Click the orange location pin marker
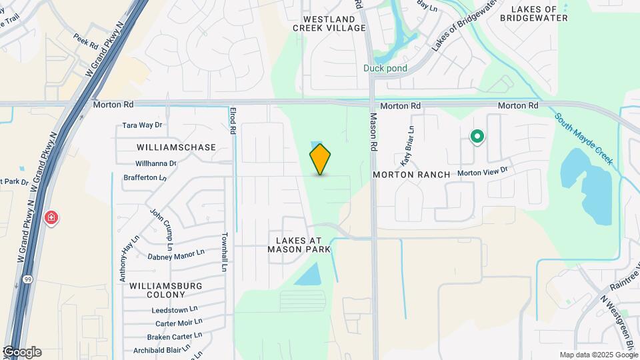[320, 159]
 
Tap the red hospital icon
[51, 218]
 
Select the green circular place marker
[477, 137]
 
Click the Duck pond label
[385, 68]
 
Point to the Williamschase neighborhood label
[177, 147]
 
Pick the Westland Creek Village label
[329, 23]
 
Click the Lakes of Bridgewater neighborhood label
[539, 13]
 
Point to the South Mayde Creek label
[583, 138]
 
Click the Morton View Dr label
[483, 172]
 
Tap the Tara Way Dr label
[143, 125]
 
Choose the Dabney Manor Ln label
[176, 255]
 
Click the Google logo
[21, 352]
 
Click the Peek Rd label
[85, 42]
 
